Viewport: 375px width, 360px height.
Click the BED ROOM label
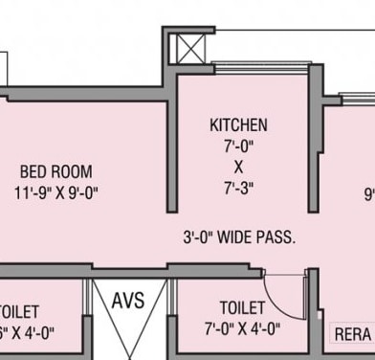[x=56, y=171]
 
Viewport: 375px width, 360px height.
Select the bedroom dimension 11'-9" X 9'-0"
[x=56, y=191]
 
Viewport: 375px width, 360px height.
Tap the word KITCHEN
[x=238, y=125]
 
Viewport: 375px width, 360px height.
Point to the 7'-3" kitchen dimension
[x=238, y=187]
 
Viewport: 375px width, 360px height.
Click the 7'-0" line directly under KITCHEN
[x=238, y=146]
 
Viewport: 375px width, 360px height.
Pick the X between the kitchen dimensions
[x=238, y=166]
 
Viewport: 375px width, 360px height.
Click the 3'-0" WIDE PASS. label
[x=239, y=236]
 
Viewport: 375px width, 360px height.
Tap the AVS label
[x=128, y=300]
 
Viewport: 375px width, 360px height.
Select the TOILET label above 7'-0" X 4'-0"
[x=243, y=308]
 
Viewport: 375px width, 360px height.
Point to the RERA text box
[x=352, y=334]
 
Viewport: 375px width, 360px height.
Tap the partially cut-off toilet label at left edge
[x=19, y=312]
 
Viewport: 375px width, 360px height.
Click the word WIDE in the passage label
[x=235, y=236]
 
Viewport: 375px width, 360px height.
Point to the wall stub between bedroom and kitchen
[x=173, y=144]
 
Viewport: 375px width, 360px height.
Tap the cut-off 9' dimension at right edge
[x=368, y=192]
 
